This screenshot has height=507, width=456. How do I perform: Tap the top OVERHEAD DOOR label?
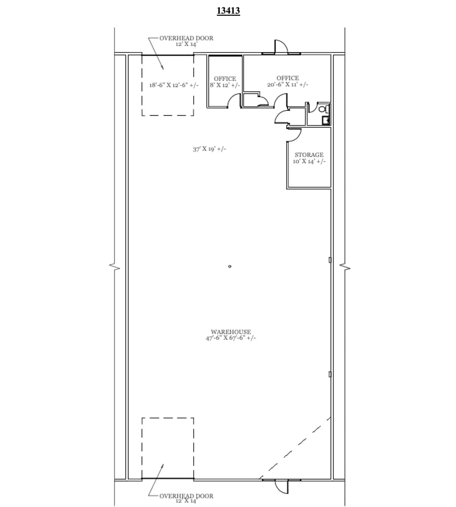coord(186,38)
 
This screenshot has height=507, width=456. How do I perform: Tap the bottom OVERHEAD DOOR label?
coord(186,496)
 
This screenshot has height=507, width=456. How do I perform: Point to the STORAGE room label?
coord(309,155)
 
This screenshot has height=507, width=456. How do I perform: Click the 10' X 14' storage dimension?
coord(309,162)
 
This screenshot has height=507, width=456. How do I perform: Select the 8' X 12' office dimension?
coord(224,85)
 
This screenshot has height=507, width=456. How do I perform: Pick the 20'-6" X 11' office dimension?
coord(287,85)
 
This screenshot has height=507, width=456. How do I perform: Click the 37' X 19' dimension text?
coord(209,149)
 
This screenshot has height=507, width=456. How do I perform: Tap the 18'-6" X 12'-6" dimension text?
coord(172,86)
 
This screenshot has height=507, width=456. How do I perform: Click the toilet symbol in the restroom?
coord(322,108)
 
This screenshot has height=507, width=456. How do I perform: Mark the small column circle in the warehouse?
coord(230,266)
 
